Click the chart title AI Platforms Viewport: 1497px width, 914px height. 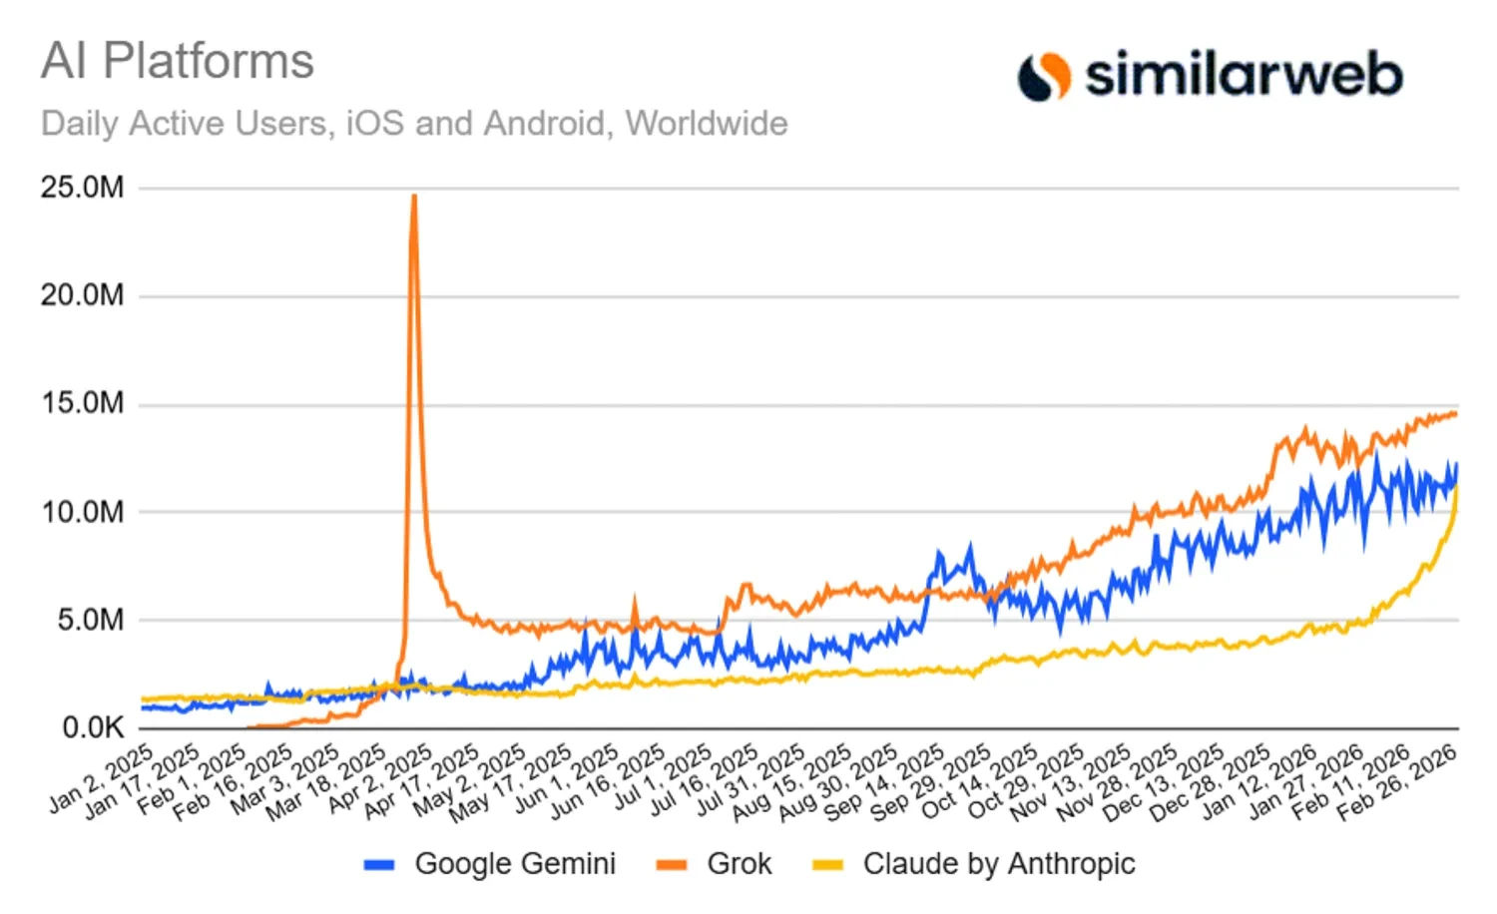178,62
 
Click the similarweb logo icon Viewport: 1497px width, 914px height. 1043,76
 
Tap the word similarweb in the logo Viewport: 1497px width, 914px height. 1244,75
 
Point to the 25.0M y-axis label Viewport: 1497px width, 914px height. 83,188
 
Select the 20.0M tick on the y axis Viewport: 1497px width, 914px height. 83,295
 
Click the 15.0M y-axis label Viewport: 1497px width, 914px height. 83,403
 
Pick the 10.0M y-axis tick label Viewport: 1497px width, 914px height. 83,512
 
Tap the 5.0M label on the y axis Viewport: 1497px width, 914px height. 90,620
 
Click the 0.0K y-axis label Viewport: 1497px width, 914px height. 93,727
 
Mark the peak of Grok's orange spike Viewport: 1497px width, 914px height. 414,197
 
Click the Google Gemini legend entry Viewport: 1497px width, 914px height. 515,864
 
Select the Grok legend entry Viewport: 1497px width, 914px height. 739,864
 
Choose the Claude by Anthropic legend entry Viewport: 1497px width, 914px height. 999,864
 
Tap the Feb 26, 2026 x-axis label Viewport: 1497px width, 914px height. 1398,783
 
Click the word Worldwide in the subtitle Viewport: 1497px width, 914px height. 707,124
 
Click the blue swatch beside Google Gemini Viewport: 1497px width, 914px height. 379,865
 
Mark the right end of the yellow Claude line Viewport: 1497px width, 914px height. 1457,489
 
